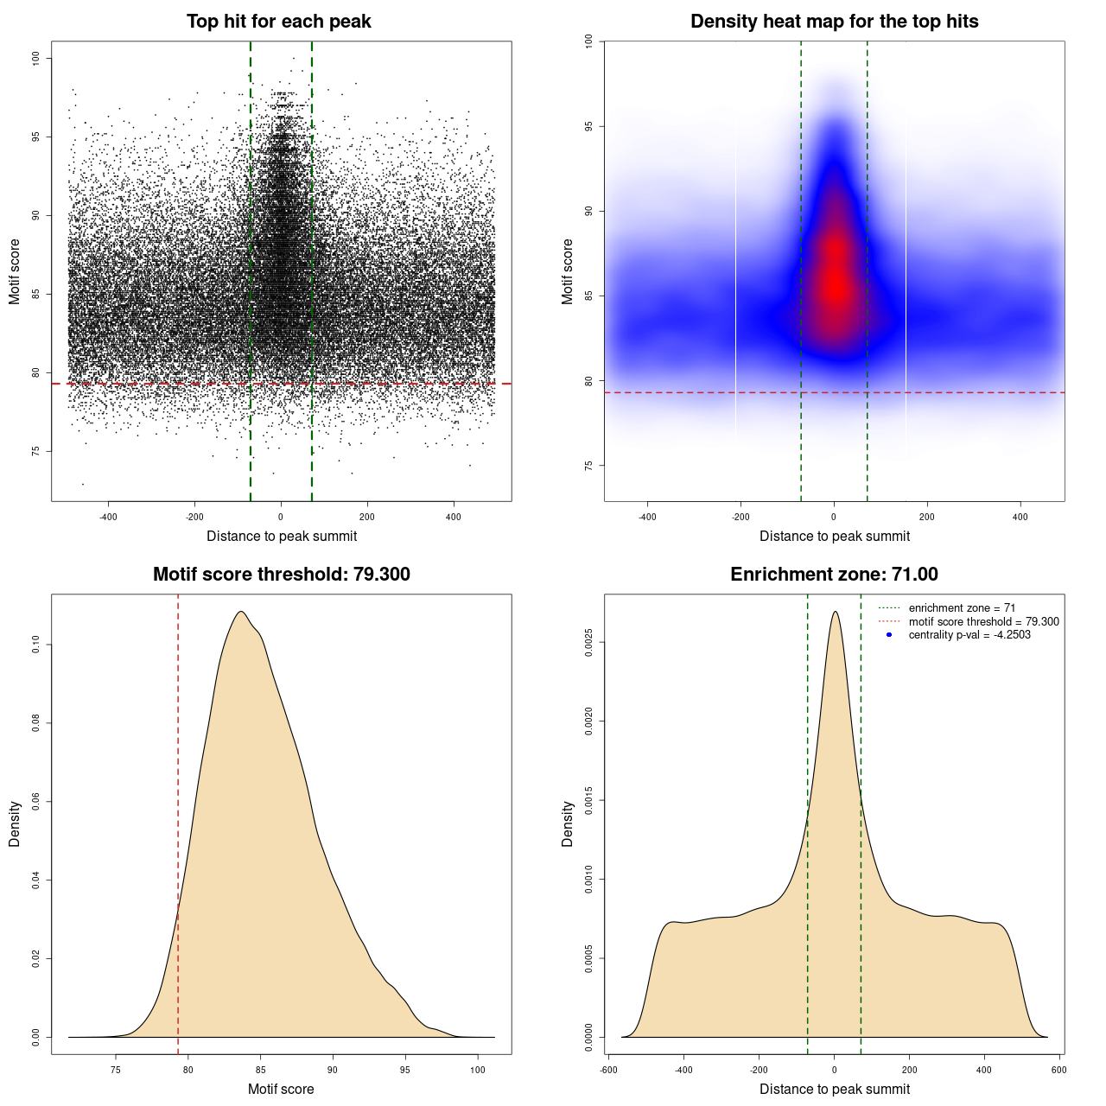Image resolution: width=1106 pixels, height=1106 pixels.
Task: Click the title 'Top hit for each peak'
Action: click(x=278, y=22)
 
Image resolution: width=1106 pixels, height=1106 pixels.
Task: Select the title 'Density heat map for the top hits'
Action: click(x=834, y=22)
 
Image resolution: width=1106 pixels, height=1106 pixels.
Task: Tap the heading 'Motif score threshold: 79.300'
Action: click(x=281, y=575)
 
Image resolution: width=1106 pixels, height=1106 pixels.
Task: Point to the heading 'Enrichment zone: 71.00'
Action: click(x=834, y=575)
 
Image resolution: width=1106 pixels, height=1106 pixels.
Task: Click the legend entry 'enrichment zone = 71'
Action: click(x=962, y=608)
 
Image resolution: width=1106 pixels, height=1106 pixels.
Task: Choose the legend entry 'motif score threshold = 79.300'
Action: click(x=983, y=621)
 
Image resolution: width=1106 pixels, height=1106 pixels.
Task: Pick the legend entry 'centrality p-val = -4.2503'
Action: click(x=969, y=635)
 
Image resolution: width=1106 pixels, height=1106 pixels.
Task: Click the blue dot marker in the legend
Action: click(x=889, y=635)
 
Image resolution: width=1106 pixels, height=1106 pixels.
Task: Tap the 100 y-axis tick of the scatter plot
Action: click(x=35, y=58)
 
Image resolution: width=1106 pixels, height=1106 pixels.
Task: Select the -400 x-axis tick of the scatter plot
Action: click(x=108, y=517)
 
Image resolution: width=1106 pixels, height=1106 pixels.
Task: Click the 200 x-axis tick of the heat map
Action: click(x=927, y=517)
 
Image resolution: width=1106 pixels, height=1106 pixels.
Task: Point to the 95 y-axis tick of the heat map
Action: click(x=588, y=126)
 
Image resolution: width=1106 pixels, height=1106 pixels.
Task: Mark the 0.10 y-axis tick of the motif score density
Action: click(x=35, y=645)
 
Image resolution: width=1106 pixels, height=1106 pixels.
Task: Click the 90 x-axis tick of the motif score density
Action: click(x=333, y=1070)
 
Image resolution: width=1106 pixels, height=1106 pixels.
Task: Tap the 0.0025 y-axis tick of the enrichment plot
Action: click(x=588, y=643)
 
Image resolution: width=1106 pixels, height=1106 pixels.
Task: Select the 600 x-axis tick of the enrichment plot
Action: click(x=1058, y=1070)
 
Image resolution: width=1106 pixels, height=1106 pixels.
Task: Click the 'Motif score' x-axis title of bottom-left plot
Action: click(x=281, y=1089)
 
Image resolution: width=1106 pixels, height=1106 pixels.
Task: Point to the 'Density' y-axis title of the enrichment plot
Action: click(x=568, y=823)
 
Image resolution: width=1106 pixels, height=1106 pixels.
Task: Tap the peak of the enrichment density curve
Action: click(x=835, y=612)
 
